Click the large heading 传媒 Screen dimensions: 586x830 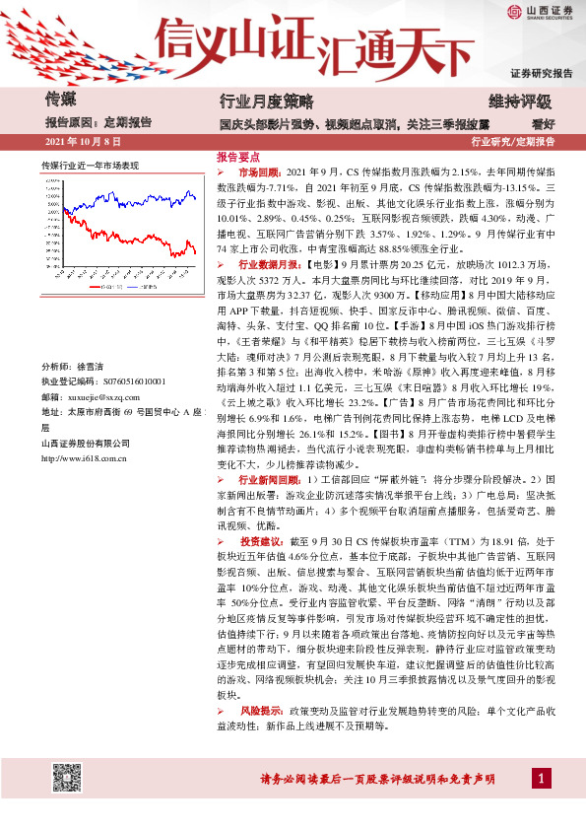(62, 99)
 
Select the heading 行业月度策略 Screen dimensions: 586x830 (265, 101)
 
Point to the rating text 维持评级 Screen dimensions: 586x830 (520, 101)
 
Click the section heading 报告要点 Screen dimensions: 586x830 (238, 157)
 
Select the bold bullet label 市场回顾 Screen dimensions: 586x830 (259, 171)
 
